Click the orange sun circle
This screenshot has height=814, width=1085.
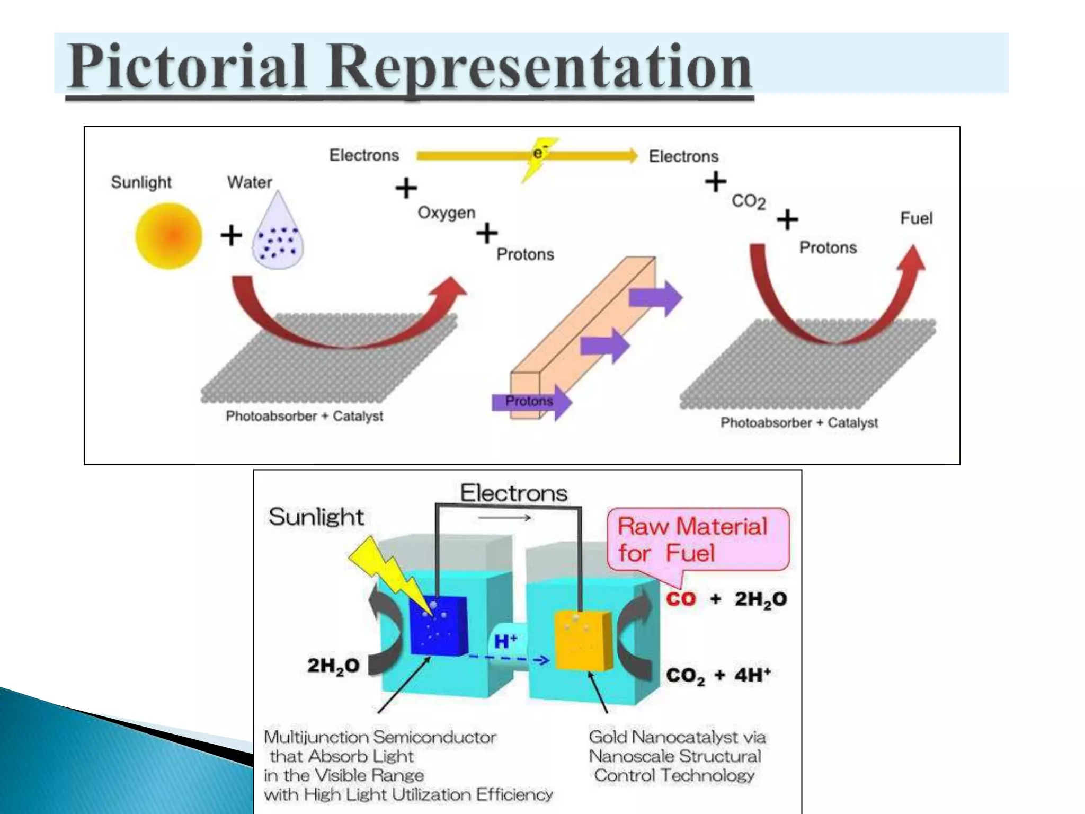pos(169,236)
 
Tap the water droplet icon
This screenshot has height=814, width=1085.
pos(278,235)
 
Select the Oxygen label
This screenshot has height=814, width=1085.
pos(446,213)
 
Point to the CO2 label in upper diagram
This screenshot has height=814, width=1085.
pos(748,201)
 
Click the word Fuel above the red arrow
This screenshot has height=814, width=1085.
pos(916,218)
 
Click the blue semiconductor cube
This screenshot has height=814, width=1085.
pos(438,625)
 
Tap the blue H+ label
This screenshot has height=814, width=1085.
pos(505,641)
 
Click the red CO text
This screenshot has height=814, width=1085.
pos(681,599)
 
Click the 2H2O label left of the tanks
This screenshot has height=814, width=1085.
pos(333,666)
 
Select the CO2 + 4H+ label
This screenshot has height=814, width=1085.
pos(718,675)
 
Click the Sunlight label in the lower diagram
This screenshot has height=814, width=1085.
pos(316,517)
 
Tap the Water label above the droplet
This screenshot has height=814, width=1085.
pos(250,182)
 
